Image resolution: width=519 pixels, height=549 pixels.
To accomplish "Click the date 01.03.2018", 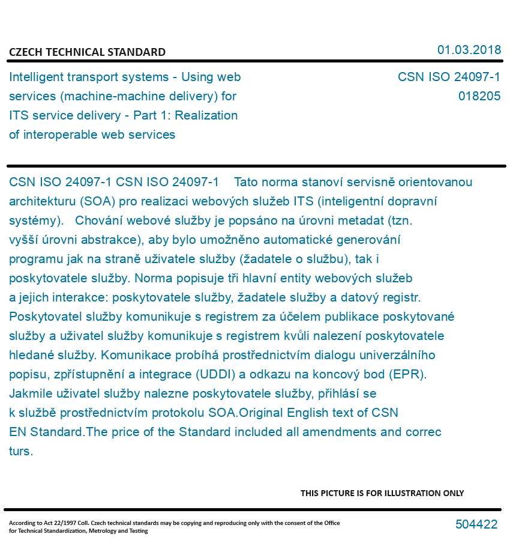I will [469, 50].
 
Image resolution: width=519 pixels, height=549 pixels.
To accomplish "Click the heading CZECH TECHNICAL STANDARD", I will [87, 52].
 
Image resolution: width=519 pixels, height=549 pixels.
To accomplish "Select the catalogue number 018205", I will [479, 96].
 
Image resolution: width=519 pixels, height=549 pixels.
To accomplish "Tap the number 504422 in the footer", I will [476, 524].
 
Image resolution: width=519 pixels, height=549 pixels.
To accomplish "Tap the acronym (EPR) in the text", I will [407, 374].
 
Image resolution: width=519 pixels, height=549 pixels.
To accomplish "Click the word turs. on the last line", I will [20, 451].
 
